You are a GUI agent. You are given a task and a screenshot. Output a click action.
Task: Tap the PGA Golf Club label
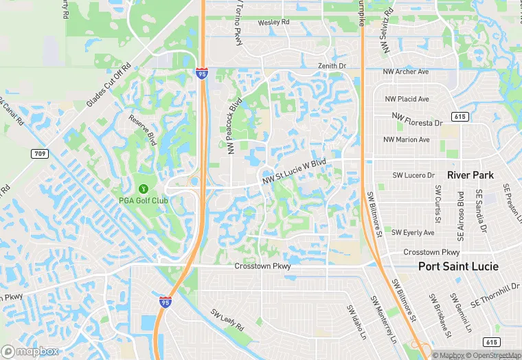(144, 201)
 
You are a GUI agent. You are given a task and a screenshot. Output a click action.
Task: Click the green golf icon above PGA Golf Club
(144, 188)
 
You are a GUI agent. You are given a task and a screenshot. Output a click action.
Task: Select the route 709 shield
(40, 154)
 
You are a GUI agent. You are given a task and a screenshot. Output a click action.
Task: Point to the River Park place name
(470, 175)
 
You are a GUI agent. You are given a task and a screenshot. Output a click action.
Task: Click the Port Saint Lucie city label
(459, 266)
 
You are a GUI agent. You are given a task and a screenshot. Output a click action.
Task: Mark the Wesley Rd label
(273, 23)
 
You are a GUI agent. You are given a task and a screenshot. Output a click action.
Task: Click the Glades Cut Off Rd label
(109, 83)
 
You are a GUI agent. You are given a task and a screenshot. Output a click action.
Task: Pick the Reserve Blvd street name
(141, 130)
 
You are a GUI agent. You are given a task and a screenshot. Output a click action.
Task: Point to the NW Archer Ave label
(407, 71)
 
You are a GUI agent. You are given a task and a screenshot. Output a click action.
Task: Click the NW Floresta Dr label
(417, 120)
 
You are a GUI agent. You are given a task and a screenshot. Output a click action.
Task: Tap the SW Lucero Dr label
(413, 175)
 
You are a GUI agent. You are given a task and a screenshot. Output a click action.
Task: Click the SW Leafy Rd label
(227, 320)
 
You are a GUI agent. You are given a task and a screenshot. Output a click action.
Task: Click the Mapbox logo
(30, 351)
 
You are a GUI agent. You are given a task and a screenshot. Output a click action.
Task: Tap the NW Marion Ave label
(407, 139)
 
